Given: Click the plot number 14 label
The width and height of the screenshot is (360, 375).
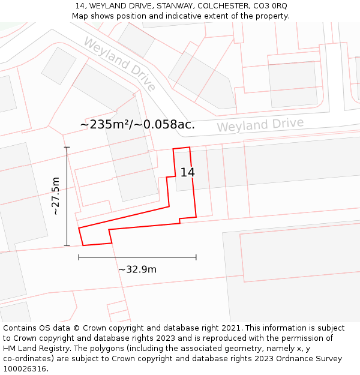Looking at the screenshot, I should tap(187, 173).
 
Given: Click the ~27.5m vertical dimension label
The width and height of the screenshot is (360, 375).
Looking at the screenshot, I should tap(55, 196).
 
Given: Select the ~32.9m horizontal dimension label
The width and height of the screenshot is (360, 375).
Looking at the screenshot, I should tap(137, 269).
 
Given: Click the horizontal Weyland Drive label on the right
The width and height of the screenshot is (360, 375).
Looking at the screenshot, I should tap(260, 125).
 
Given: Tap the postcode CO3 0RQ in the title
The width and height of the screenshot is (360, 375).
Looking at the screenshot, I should tap(272, 6).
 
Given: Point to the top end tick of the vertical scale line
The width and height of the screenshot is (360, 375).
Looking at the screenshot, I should tap(67, 147).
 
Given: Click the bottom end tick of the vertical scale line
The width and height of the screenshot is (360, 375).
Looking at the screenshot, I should tap(67, 245).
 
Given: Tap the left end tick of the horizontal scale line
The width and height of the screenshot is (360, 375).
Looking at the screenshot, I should tap(79, 257).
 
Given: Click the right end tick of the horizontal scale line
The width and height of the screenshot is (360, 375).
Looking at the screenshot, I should tap(196, 257).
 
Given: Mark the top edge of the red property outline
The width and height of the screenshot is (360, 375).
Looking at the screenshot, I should tap(182, 148).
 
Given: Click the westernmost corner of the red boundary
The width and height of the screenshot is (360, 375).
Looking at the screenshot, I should tap(79, 227).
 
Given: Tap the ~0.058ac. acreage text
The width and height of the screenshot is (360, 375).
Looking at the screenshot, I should tap(166, 125).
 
